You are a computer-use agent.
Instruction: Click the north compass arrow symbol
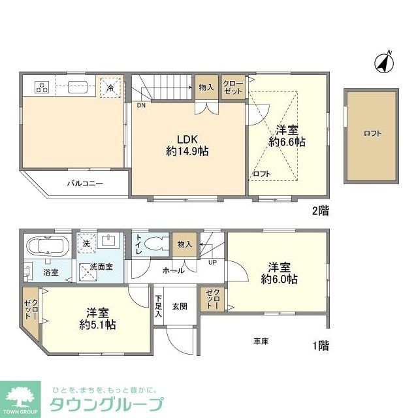[x=383, y=62]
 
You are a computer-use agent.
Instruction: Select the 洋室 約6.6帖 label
[x=288, y=135]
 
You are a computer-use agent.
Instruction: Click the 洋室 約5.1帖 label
[x=97, y=317]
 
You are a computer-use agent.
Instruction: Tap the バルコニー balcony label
[x=85, y=184]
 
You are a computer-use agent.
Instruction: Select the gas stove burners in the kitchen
[x=42, y=86]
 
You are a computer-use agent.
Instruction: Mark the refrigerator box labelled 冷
[x=110, y=87]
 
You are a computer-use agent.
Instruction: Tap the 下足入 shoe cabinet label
[x=158, y=305]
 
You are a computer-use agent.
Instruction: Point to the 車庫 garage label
[x=261, y=341]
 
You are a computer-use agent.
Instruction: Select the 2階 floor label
[x=319, y=210]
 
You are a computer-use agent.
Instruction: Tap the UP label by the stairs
[x=212, y=263]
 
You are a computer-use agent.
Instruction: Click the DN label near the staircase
[x=141, y=104]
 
